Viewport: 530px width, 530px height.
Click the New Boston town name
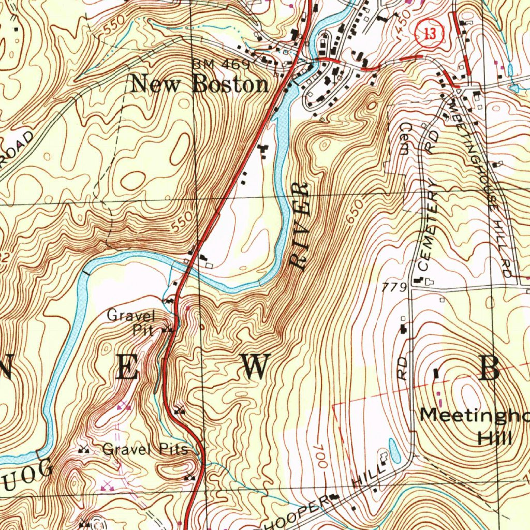pyautogui.click(x=199, y=84)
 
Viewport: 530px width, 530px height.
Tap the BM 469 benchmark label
pyautogui.click(x=221, y=65)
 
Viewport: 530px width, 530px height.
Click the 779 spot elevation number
pyautogui.click(x=392, y=287)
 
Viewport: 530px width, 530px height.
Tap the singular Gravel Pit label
pyautogui.click(x=131, y=322)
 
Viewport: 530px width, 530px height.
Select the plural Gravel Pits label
pyautogui.click(x=145, y=449)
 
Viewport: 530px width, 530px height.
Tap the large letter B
pyautogui.click(x=489, y=369)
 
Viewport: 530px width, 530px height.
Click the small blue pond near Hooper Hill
pyautogui.click(x=393, y=451)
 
